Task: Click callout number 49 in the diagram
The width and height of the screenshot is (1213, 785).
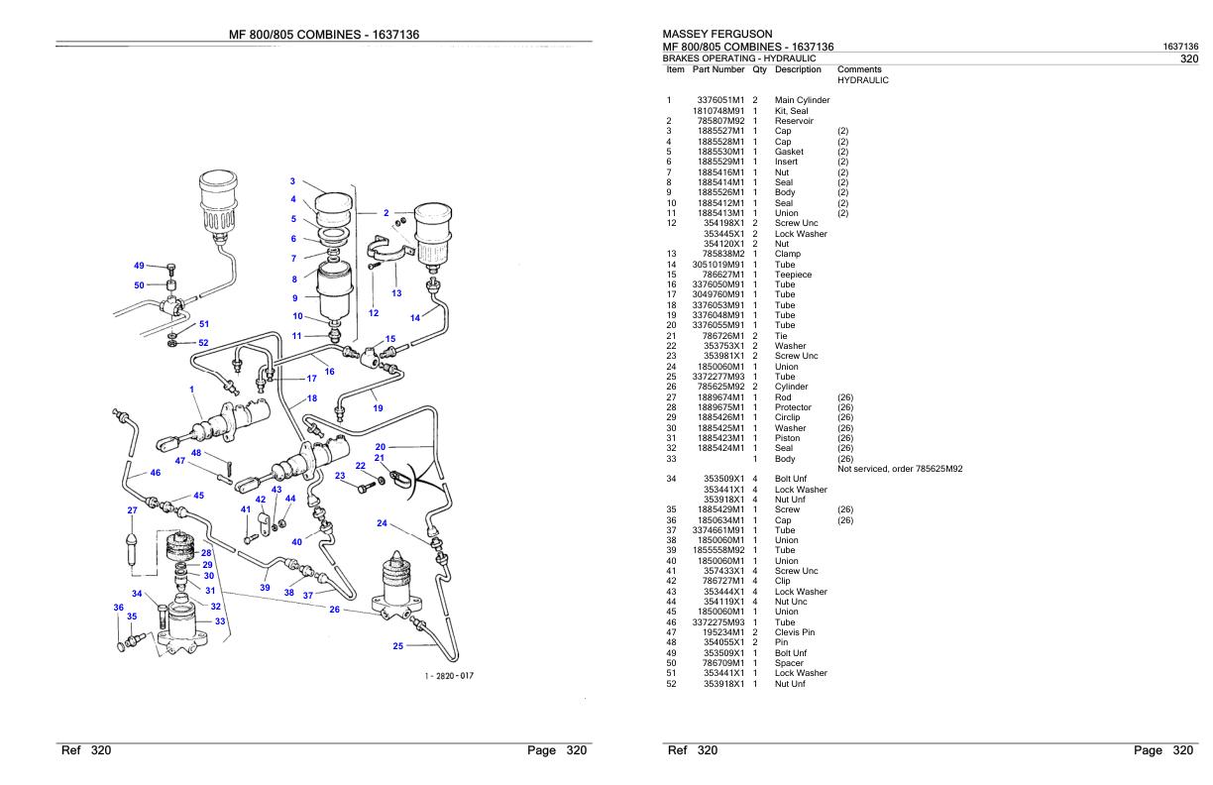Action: coord(139,266)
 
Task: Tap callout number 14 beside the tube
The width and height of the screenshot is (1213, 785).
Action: coord(415,318)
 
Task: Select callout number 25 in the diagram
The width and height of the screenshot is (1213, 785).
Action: coord(398,646)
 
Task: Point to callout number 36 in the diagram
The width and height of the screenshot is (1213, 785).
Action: coord(119,608)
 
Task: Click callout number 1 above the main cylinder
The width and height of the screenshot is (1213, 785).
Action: coord(191,389)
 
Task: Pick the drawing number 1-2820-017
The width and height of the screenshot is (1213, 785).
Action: coord(449,676)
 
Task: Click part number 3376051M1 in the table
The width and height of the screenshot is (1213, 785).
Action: coord(720,100)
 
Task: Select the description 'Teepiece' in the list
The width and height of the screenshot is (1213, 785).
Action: coord(793,275)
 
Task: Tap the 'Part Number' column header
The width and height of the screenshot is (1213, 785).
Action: coord(718,69)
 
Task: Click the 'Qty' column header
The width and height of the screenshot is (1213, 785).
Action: coord(759,70)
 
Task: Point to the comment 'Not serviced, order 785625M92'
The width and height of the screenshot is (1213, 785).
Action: coord(900,469)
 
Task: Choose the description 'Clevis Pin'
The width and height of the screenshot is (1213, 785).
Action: coord(795,632)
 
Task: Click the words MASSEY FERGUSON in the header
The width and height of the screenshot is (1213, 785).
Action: coord(717,34)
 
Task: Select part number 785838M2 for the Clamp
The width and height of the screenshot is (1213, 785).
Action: coord(722,254)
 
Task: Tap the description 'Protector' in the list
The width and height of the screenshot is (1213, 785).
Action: coord(793,407)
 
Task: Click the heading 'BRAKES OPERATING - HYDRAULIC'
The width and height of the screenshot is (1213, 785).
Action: coord(739,57)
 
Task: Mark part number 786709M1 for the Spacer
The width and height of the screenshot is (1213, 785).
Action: coord(722,663)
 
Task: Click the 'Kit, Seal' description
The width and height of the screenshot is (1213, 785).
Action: coord(791,111)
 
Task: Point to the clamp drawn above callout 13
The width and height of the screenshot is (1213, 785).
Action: coord(390,251)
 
